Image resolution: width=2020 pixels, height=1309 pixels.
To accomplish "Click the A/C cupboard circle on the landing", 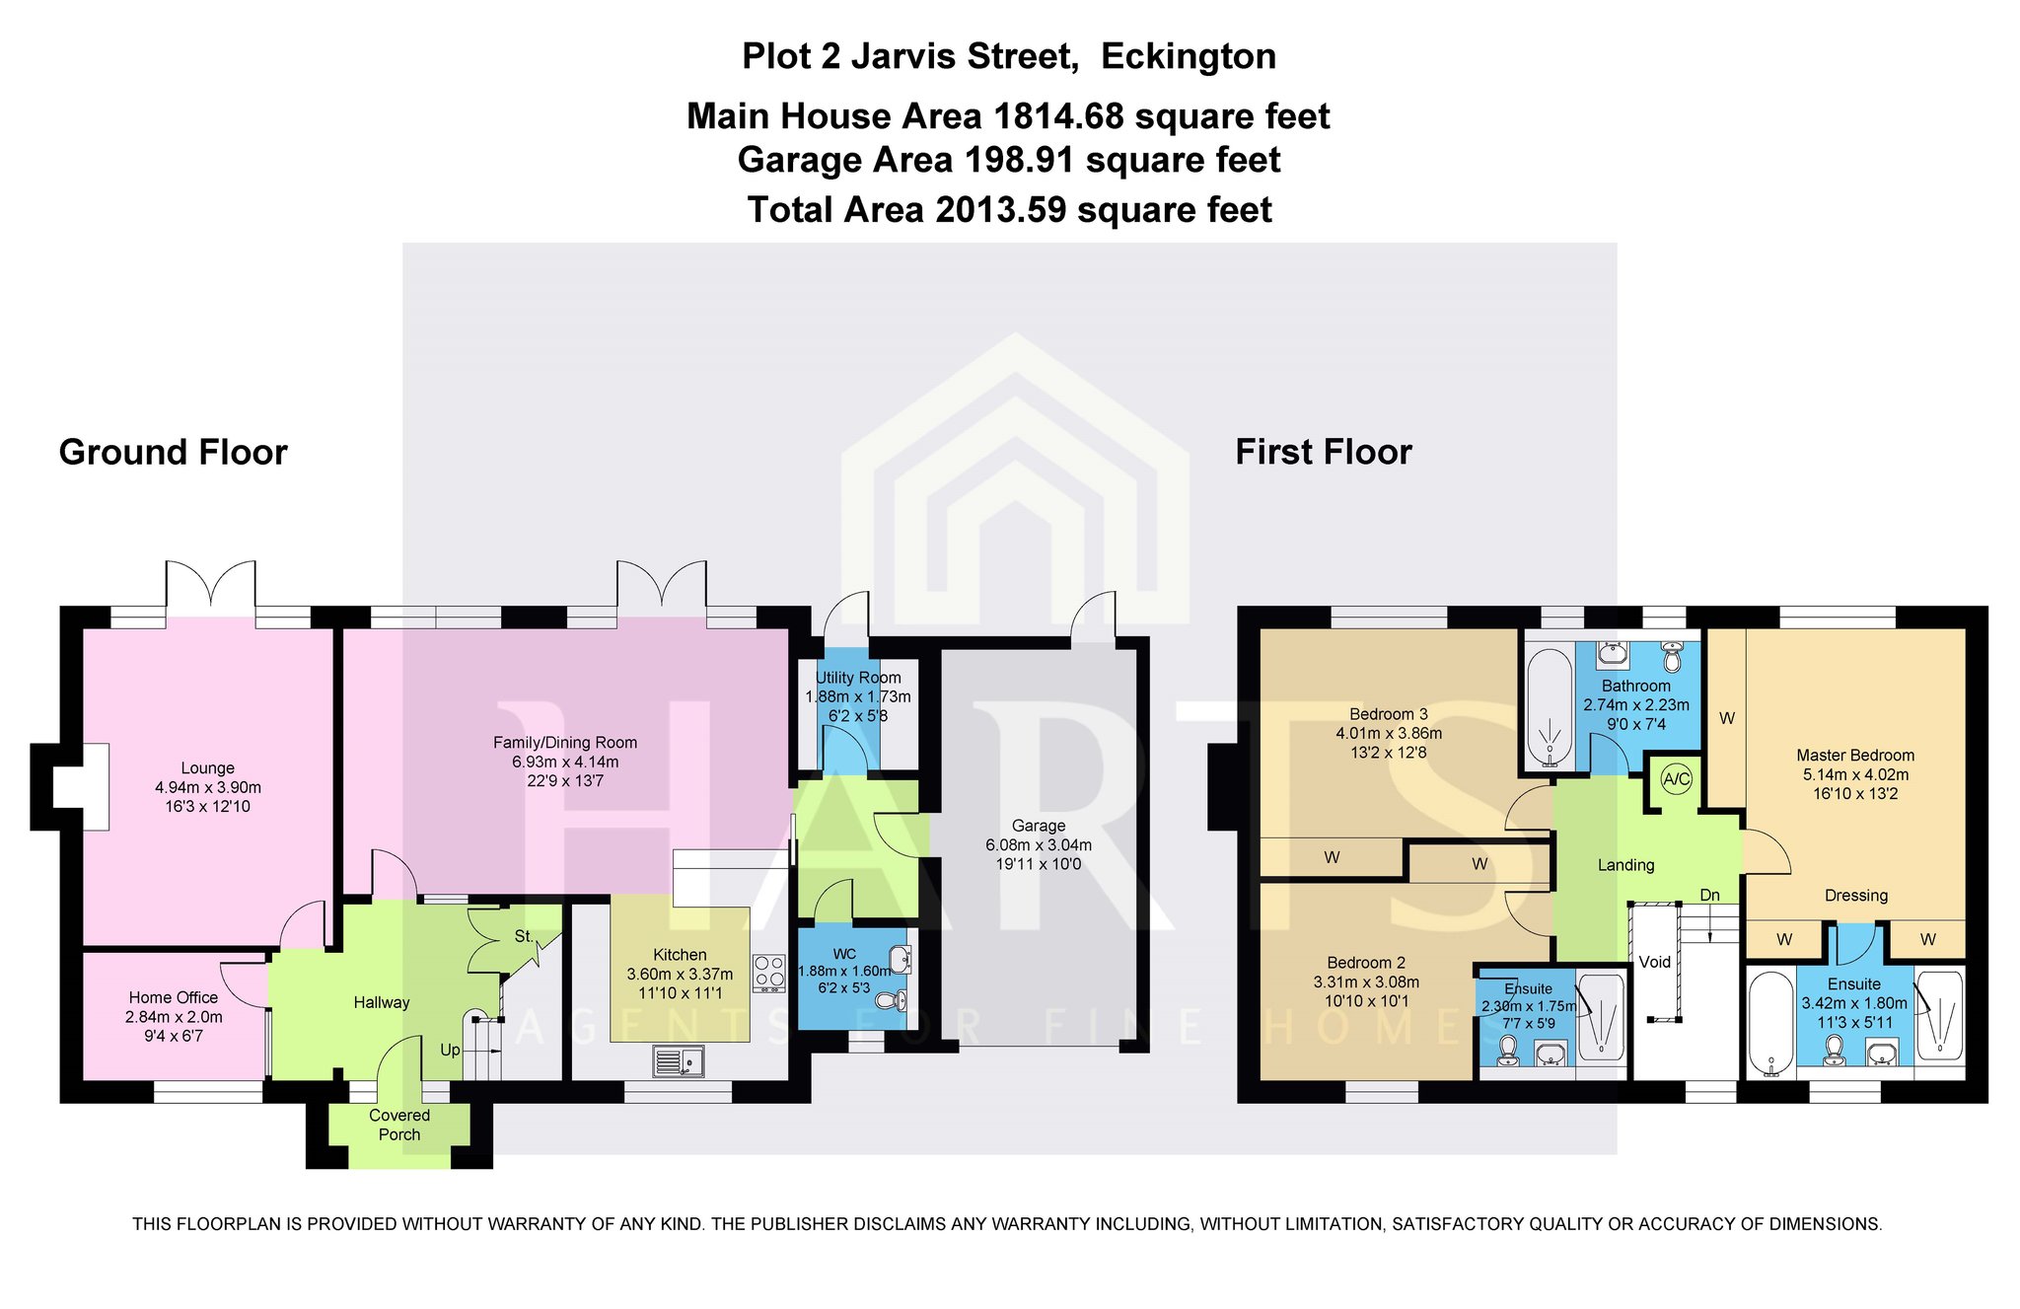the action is pyautogui.click(x=1676, y=779).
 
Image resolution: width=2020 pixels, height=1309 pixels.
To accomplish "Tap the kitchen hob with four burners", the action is pyautogui.click(x=768, y=973).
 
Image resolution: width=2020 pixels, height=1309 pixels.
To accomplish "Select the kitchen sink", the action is pyautogui.click(x=678, y=1061).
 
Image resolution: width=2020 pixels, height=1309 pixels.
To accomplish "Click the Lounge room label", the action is pyautogui.click(x=207, y=768).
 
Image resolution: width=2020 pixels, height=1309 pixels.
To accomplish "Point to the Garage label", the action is pyautogui.click(x=1039, y=826).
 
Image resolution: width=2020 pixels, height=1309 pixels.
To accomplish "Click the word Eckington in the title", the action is pyautogui.click(x=1189, y=56).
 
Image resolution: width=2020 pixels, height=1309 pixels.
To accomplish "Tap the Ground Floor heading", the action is pyautogui.click(x=174, y=452).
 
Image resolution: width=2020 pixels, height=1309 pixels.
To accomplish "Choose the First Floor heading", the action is pyautogui.click(x=1324, y=452).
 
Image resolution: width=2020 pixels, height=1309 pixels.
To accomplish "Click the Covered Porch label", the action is pyautogui.click(x=399, y=1125).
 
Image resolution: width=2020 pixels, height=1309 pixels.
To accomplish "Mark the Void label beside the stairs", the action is pyautogui.click(x=1655, y=962).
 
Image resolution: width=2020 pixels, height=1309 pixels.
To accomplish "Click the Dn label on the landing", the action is pyautogui.click(x=1709, y=895).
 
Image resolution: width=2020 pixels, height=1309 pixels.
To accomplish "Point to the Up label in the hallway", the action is pyautogui.click(x=450, y=1050).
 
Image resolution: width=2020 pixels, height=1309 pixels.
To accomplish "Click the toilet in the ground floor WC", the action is pyautogui.click(x=891, y=1002).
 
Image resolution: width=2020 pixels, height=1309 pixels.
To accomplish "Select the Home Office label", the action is pyautogui.click(x=174, y=997).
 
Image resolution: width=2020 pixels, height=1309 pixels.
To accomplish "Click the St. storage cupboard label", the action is pyautogui.click(x=524, y=936).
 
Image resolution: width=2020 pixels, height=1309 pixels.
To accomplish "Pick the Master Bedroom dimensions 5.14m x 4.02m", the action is pyautogui.click(x=1855, y=774).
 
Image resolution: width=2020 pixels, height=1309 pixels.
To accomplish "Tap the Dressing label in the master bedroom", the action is pyautogui.click(x=1856, y=896).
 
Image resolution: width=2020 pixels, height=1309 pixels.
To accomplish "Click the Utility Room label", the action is pyautogui.click(x=858, y=678).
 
